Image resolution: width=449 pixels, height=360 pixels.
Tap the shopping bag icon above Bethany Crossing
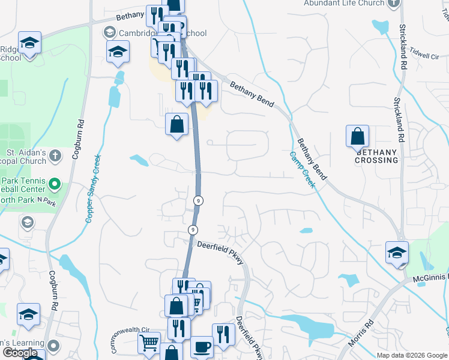coord(358,137)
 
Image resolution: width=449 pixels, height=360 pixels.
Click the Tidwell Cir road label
coord(426,56)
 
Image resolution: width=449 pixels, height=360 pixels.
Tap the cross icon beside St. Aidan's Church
coord(55,156)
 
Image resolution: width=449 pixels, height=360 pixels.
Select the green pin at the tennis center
coord(55,183)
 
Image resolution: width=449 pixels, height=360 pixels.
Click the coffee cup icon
coord(202,347)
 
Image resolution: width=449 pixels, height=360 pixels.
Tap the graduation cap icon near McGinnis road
coord(397,252)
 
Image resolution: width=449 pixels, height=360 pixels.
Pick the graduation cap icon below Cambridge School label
coord(118,52)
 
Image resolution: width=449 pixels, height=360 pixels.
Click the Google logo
coord(20,353)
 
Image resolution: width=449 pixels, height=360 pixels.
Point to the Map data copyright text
coord(412,355)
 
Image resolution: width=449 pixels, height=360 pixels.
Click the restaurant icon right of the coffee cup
coord(223,334)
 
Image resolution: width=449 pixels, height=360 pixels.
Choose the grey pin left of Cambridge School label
coord(110,32)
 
